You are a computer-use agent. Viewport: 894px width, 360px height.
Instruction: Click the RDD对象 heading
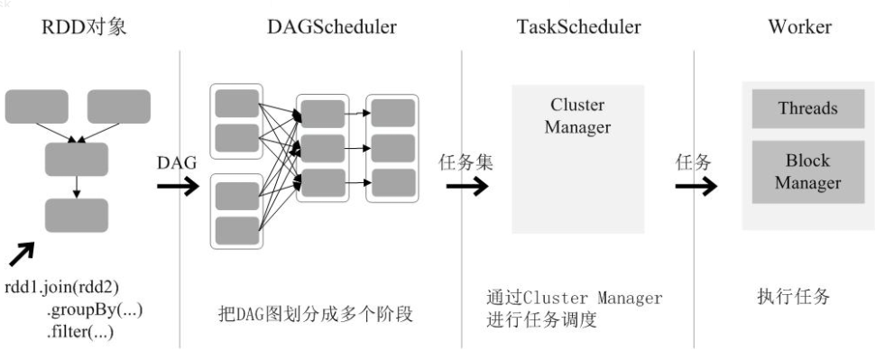(x=83, y=27)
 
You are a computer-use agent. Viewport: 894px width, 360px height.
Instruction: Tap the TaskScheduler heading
(x=579, y=27)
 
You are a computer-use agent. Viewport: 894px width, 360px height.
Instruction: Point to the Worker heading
(x=799, y=27)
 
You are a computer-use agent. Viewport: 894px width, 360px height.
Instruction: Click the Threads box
(x=807, y=109)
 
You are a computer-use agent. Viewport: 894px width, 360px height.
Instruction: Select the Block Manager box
(x=807, y=171)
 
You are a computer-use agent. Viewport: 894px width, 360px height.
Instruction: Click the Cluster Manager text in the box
(x=577, y=116)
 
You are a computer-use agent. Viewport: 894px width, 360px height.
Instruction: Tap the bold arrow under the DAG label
(x=178, y=187)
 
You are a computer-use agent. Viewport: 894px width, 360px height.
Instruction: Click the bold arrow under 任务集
(x=466, y=187)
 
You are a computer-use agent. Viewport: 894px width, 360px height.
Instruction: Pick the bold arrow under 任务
(x=696, y=187)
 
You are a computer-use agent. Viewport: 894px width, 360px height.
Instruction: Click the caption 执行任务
(x=793, y=297)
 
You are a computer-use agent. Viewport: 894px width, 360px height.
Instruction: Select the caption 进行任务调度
(x=541, y=319)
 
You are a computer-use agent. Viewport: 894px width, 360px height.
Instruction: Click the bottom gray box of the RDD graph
(x=77, y=216)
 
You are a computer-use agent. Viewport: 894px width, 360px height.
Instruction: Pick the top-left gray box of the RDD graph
(x=36, y=106)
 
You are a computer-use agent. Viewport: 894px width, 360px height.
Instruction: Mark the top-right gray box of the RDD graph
(x=118, y=106)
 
